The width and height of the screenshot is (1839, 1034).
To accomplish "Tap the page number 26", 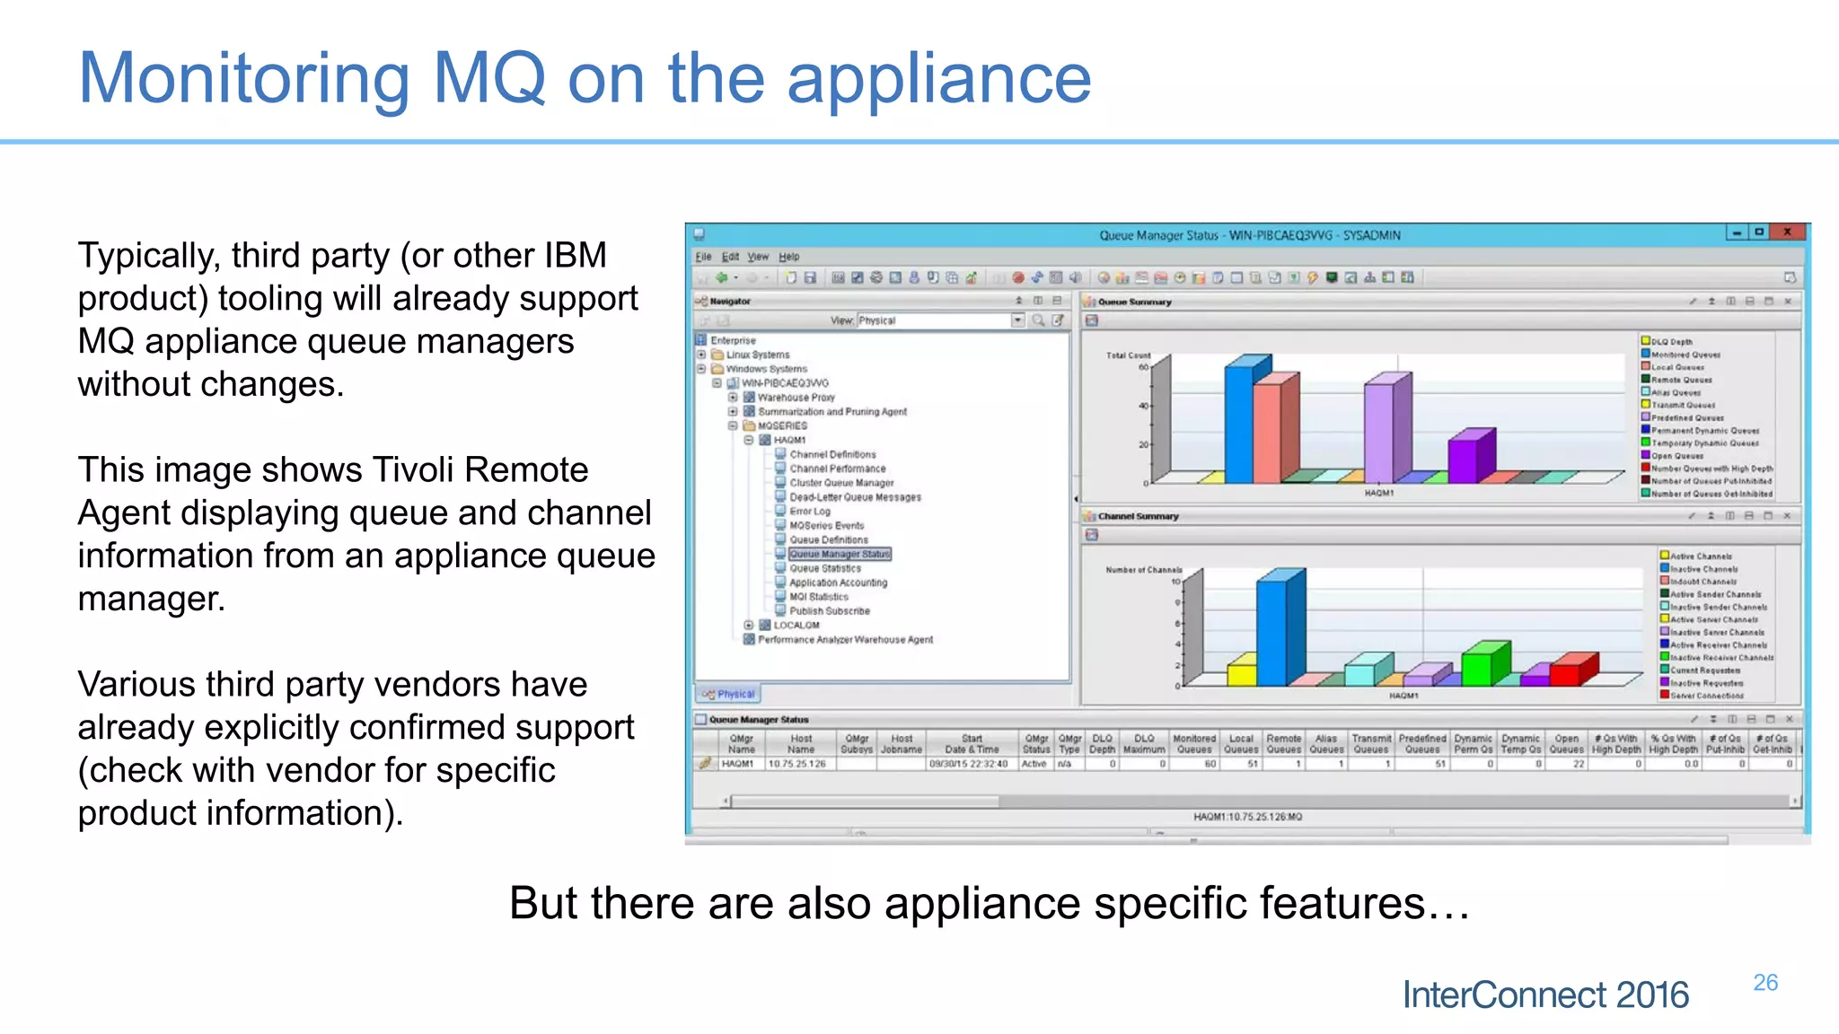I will [x=1764, y=983].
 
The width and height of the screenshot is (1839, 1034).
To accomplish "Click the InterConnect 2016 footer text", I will [x=1544, y=995].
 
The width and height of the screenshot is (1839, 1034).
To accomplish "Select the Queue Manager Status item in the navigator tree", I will [x=840, y=554].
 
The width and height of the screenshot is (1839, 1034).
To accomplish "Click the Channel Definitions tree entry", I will [x=832, y=454].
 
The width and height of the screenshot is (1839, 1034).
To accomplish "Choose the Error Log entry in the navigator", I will [x=810, y=511].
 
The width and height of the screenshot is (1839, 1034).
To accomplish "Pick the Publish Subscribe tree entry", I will [x=829, y=611].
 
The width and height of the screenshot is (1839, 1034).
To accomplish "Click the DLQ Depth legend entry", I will [x=1671, y=342].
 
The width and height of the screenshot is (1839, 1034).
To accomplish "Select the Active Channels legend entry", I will [x=1701, y=556].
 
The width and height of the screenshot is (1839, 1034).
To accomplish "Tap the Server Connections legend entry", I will [x=1706, y=696].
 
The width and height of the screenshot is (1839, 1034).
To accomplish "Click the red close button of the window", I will [x=1787, y=232].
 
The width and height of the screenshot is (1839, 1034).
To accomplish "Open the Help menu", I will [x=788, y=257].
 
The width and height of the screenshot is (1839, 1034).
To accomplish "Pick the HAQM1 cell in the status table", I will [x=737, y=764].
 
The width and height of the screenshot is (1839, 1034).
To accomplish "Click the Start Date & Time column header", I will [x=972, y=744].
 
